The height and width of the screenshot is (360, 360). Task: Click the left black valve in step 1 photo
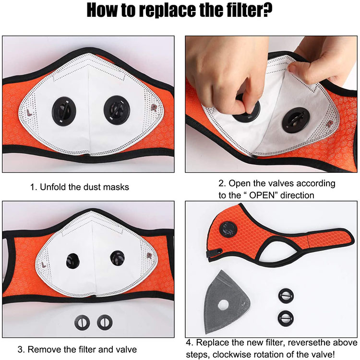click(63, 111)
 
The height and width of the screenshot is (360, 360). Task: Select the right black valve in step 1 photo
click(117, 109)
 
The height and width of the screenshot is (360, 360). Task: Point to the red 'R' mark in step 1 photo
click(154, 108)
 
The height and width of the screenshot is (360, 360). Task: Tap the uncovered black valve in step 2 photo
click(296, 120)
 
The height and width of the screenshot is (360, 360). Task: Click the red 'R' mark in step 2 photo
click(329, 124)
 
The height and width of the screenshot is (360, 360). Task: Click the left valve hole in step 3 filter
click(73, 261)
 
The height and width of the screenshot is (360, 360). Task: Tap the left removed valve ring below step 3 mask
click(82, 323)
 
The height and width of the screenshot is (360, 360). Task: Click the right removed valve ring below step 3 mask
click(105, 322)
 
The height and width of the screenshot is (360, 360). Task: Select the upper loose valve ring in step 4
click(286, 296)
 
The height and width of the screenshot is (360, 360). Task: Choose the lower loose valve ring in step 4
click(286, 318)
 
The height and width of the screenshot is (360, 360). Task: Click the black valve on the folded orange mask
click(228, 229)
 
